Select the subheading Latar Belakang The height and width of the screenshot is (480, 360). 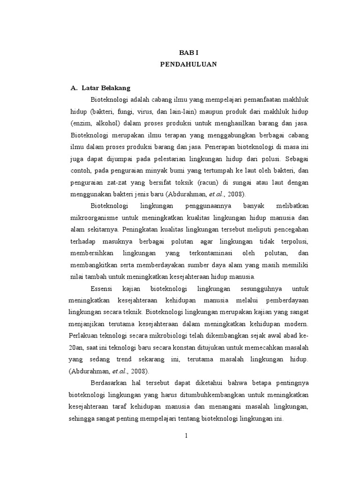(x=106, y=88)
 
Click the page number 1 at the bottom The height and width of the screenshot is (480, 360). (x=186, y=435)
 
